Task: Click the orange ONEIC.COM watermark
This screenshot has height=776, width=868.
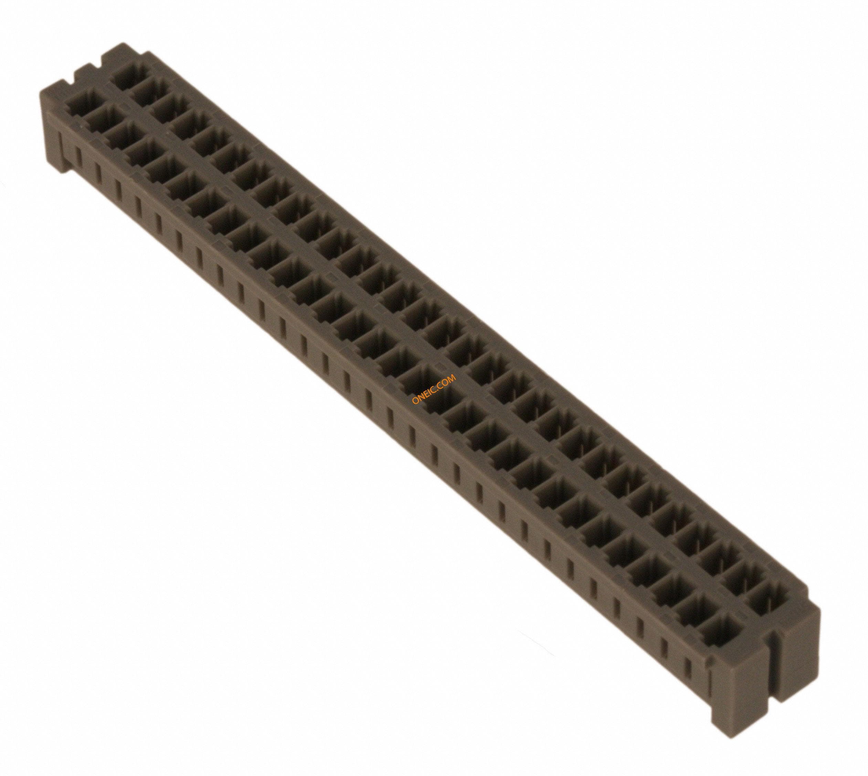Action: point(434,388)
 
